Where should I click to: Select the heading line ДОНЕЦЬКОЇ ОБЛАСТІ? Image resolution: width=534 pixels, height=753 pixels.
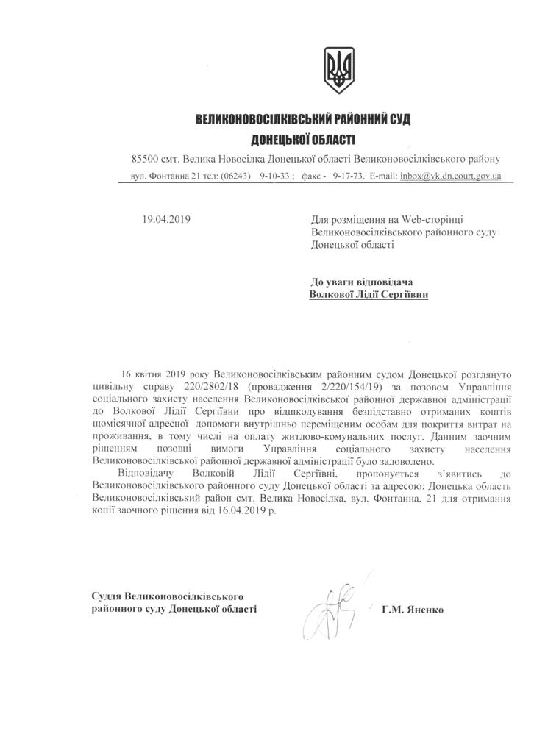(x=303, y=139)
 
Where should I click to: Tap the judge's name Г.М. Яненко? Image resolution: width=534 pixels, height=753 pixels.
(x=413, y=610)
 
